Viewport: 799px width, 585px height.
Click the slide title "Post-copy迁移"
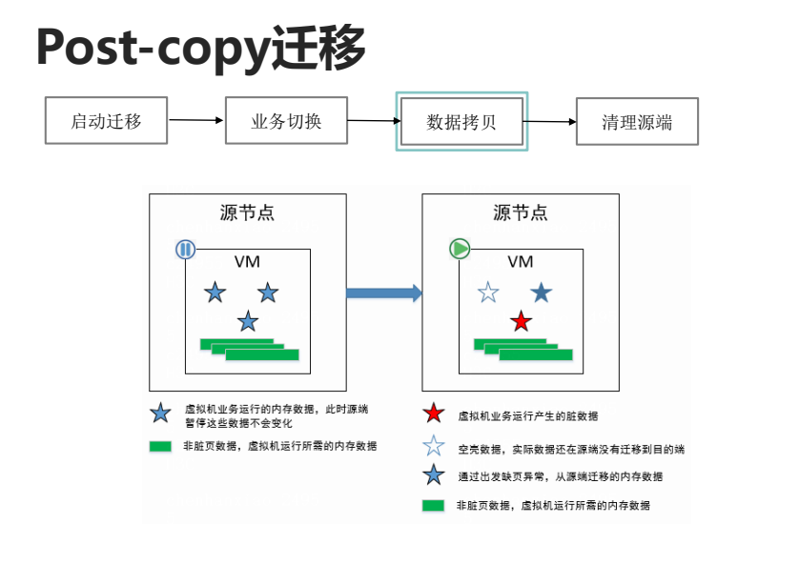click(x=200, y=48)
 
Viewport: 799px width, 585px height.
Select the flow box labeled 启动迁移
click(x=106, y=121)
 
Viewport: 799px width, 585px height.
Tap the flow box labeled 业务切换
click(x=286, y=121)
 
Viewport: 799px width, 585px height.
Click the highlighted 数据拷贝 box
click(x=461, y=122)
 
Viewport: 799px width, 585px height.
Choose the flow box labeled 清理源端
click(x=637, y=122)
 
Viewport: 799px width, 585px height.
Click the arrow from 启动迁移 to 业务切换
click(x=196, y=121)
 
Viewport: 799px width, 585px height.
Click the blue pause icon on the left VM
click(x=185, y=250)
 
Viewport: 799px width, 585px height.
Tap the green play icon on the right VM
click(x=460, y=250)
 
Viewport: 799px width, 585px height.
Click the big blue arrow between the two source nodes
click(x=383, y=292)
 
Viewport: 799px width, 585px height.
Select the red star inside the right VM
click(x=521, y=321)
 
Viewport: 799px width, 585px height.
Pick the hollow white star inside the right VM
click(x=488, y=292)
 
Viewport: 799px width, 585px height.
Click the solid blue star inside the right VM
click(x=542, y=292)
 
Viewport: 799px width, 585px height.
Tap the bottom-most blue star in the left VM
click(x=248, y=321)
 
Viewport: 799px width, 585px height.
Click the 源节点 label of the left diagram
click(x=247, y=213)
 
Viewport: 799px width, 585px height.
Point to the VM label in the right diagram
click(x=520, y=261)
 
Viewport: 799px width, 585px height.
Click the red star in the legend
click(x=434, y=414)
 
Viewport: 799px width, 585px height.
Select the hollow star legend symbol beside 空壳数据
click(x=434, y=446)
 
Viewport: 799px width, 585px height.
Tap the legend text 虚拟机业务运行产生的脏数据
click(x=528, y=415)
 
